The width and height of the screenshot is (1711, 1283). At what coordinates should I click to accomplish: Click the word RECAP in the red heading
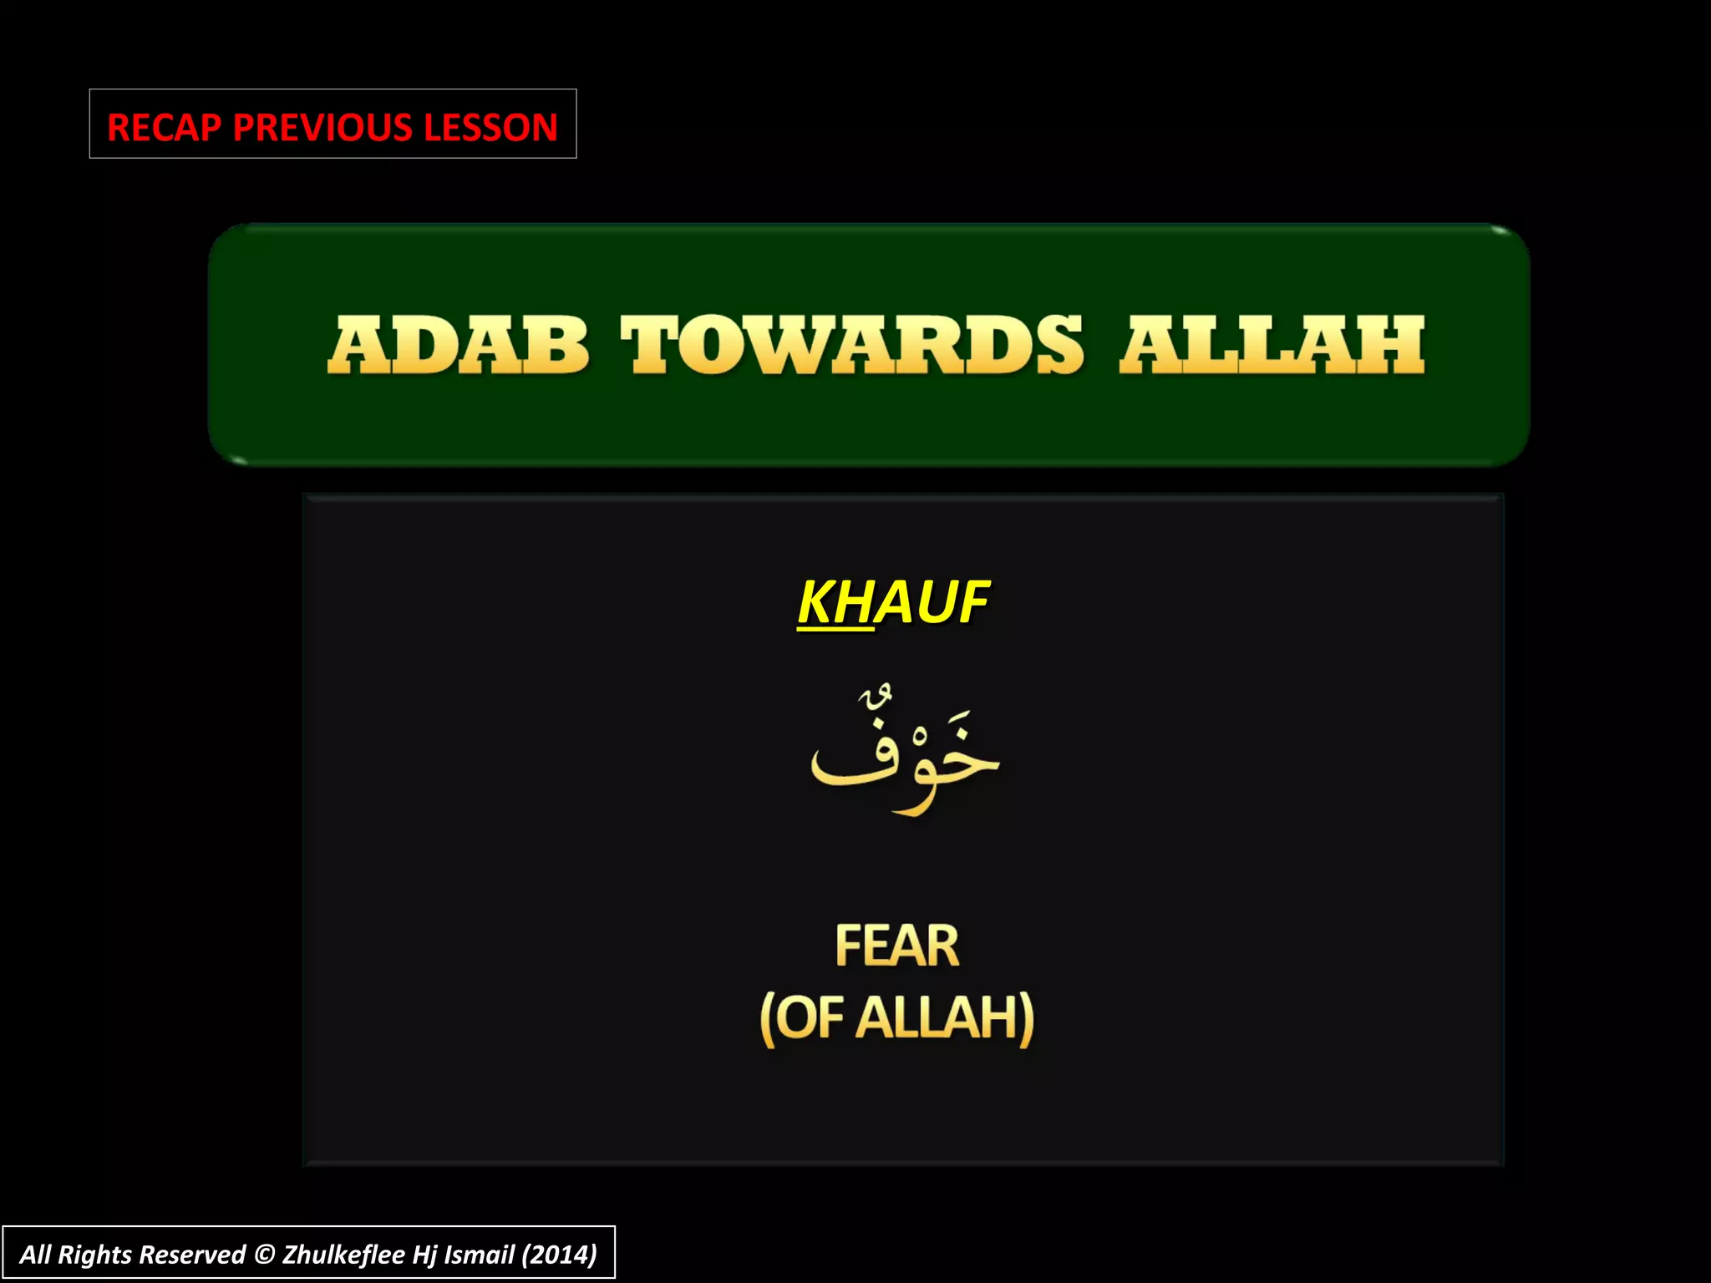click(165, 128)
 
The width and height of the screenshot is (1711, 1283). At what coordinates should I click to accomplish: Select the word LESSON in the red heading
click(490, 128)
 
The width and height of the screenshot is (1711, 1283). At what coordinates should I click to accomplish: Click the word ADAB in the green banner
click(459, 345)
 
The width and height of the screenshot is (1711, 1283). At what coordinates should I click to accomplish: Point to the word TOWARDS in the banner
click(852, 345)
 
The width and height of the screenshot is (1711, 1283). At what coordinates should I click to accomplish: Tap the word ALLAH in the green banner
click(1272, 345)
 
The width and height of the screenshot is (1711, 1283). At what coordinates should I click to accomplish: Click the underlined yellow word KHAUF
click(892, 601)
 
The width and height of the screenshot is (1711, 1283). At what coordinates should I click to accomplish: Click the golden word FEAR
click(896, 946)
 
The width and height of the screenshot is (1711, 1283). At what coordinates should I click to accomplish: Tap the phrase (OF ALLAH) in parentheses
click(896, 1018)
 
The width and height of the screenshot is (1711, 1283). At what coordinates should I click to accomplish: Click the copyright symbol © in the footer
click(264, 1255)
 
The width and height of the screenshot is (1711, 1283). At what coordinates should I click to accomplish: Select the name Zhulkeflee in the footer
click(343, 1255)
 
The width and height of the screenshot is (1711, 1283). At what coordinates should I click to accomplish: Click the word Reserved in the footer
click(192, 1255)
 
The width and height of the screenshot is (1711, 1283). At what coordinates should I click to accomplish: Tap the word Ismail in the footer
click(479, 1255)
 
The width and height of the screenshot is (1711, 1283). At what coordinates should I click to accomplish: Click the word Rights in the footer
click(94, 1255)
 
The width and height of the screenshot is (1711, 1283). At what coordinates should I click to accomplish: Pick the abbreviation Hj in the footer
click(424, 1255)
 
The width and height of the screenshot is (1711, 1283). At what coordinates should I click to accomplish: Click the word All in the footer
click(35, 1255)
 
